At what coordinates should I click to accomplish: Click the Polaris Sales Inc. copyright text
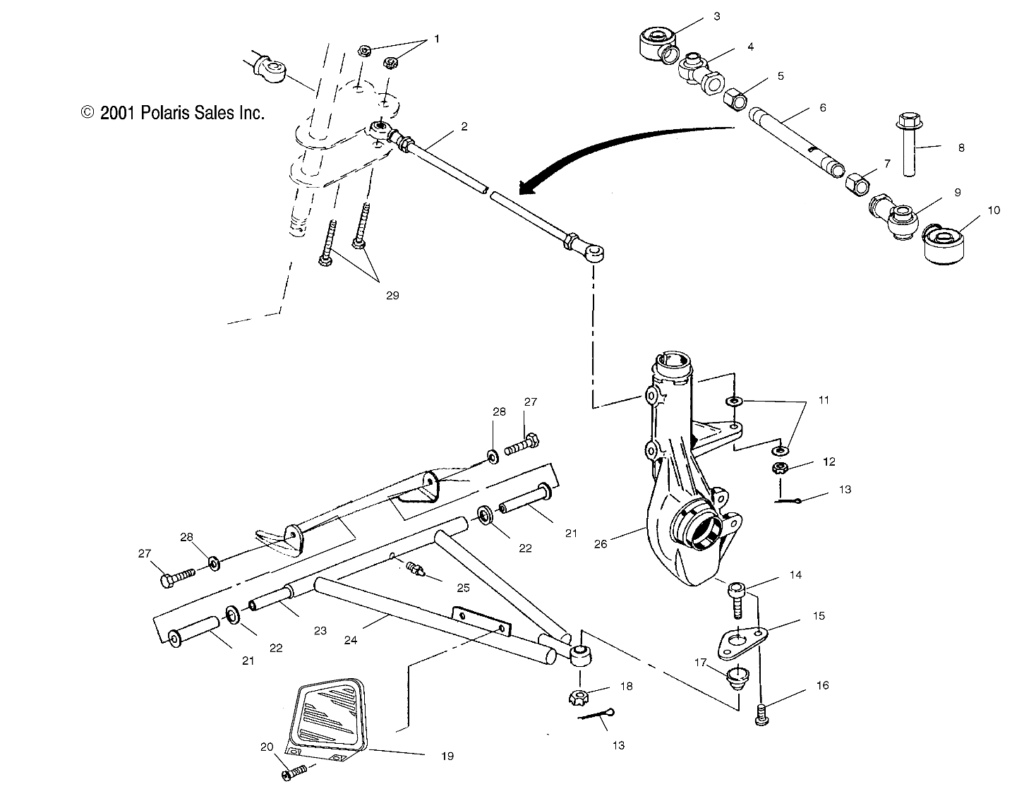point(173,113)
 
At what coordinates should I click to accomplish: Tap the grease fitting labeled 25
point(414,568)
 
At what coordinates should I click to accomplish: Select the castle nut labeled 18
point(577,698)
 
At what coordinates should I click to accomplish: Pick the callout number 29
point(392,295)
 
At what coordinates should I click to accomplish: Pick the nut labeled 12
point(781,467)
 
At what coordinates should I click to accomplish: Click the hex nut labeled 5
point(736,101)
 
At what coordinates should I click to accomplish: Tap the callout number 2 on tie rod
point(464,127)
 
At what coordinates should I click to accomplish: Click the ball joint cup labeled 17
point(737,675)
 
